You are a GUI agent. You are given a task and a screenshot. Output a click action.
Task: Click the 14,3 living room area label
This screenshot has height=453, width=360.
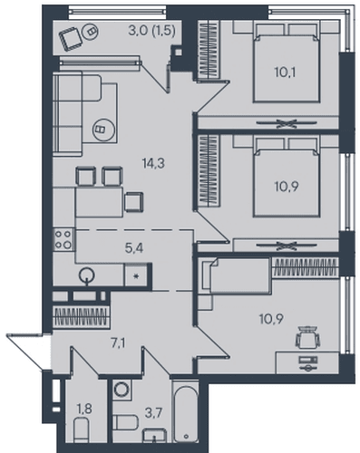pyautogui.click(x=153, y=163)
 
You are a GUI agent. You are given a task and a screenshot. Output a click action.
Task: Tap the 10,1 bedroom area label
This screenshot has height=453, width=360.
pyautogui.click(x=285, y=72)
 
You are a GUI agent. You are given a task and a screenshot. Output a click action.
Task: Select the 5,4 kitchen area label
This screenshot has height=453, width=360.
pyautogui.click(x=134, y=248)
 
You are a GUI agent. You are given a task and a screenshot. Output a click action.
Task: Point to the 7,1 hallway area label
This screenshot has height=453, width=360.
pyautogui.click(x=118, y=343)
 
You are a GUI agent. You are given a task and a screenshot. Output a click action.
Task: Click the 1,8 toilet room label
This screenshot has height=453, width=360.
pyautogui.click(x=84, y=410)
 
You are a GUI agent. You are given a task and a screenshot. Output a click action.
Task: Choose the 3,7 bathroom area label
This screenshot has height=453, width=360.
pyautogui.click(x=153, y=412)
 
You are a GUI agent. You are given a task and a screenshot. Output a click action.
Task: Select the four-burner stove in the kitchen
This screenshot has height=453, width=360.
pyautogui.click(x=63, y=239)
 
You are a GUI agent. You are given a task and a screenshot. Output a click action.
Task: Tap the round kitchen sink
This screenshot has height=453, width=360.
pyautogui.click(x=87, y=275)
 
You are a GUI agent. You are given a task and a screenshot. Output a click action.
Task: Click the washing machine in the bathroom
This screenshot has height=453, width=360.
pyautogui.click(x=122, y=390)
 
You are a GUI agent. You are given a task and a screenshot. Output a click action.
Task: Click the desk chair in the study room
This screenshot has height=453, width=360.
pyautogui.click(x=307, y=337)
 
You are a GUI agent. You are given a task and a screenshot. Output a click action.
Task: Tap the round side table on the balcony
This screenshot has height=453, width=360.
pyautogui.click(x=91, y=31)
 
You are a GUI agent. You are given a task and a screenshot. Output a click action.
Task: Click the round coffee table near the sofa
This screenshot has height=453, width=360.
pyautogui.click(x=103, y=130)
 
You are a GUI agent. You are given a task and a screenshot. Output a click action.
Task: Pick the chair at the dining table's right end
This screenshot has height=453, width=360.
pyautogui.click(x=134, y=201)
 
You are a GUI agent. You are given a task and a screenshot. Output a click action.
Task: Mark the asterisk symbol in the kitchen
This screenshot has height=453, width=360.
pyautogui.click(x=136, y=276)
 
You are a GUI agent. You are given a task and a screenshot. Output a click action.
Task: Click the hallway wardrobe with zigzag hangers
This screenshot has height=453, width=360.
pyautogui.click(x=81, y=317)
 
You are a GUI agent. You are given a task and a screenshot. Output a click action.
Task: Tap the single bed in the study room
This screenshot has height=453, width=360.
pyautogui.click(x=237, y=275)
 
